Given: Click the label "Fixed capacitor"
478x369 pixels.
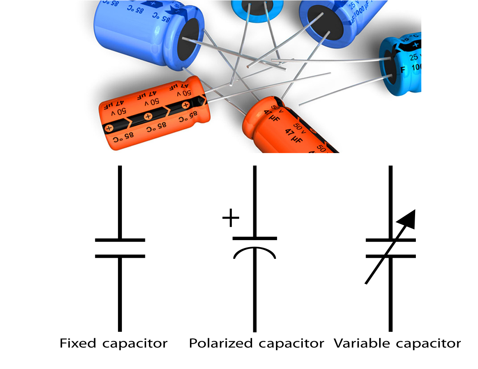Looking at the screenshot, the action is pyautogui.click(x=113, y=344).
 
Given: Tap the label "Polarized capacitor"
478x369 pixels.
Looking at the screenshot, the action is pyautogui.click(x=256, y=344).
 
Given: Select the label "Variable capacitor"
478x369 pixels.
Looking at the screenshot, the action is pyautogui.click(x=397, y=344).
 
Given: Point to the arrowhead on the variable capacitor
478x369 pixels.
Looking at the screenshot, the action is pyautogui.click(x=407, y=219).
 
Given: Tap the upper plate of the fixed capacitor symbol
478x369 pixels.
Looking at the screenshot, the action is pyautogui.click(x=120, y=240).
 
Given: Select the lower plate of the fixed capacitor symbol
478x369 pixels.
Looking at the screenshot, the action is pyautogui.click(x=120, y=256).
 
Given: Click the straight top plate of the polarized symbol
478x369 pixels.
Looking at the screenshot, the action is pyautogui.click(x=255, y=238).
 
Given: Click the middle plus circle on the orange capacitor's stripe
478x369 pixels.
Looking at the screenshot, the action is pyautogui.click(x=148, y=116).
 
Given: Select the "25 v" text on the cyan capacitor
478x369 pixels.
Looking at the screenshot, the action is pyautogui.click(x=415, y=57).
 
